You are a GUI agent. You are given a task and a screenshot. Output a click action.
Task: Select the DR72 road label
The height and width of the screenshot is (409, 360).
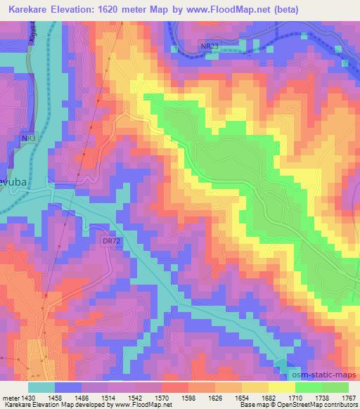[110, 241]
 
